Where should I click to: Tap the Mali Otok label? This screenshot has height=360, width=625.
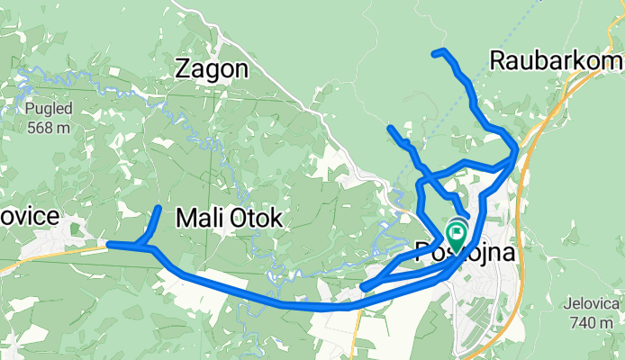[229, 218]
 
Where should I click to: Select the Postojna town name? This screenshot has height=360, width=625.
[466, 253]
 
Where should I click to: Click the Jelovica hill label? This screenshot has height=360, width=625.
[592, 304]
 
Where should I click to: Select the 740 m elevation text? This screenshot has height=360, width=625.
[592, 321]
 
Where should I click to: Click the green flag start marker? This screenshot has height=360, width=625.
[457, 236]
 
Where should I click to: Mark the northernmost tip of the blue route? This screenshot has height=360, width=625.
[435, 53]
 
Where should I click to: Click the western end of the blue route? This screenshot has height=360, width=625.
[109, 244]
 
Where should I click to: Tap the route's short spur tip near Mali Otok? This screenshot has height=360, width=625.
[159, 209]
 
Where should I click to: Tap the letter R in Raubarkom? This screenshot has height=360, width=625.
[498, 60]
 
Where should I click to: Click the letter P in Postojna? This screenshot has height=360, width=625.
[423, 253]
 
